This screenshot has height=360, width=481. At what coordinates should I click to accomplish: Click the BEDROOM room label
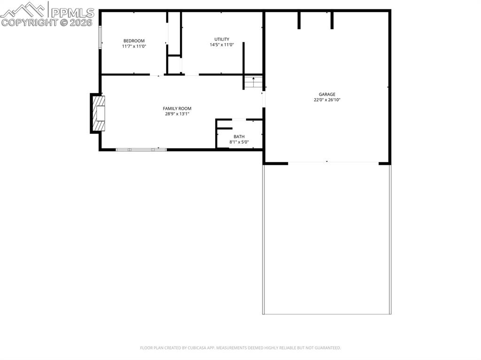coord(134,41)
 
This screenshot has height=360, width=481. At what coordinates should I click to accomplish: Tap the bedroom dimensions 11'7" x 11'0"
coord(134,46)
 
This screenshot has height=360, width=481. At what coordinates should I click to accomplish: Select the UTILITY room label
coord(222,39)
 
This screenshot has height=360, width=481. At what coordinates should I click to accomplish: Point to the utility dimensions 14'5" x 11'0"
coord(222,45)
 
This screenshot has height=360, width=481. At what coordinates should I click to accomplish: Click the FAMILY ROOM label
coord(177,108)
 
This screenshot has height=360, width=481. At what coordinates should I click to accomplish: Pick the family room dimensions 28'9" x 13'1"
coord(177,114)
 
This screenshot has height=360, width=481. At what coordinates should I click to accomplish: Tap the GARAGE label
coord(327,94)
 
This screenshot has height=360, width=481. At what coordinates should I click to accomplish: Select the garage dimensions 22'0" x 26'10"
coord(327,100)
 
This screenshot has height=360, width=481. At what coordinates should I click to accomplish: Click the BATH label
coord(239,137)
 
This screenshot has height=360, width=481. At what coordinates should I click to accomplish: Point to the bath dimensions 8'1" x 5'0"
coord(239,142)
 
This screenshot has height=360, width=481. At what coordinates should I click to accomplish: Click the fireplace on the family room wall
coord(99,114)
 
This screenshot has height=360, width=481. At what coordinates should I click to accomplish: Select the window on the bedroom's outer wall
coord(100,37)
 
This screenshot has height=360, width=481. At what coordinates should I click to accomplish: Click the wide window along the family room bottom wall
coord(141,149)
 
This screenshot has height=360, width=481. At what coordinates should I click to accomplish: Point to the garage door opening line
coord(334,162)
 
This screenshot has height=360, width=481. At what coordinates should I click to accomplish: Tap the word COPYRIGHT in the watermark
coord(29,23)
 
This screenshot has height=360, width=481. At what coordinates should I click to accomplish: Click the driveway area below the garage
coord(326,239)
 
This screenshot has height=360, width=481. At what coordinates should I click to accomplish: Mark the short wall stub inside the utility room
coord(243,59)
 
